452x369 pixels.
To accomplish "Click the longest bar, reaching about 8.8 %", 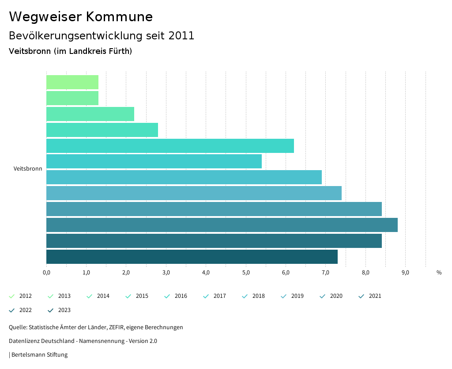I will click(222, 225).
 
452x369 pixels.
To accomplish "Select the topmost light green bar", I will click(72, 82).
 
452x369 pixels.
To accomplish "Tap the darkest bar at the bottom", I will click(192, 257).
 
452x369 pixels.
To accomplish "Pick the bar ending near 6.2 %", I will click(170, 145).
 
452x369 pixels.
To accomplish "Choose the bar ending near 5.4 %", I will click(154, 161).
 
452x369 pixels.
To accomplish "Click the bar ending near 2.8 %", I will click(102, 130).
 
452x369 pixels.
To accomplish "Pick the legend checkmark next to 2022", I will click(12, 310).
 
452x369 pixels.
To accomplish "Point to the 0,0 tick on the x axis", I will click(46, 272).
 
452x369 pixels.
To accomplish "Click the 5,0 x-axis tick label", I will click(245, 272).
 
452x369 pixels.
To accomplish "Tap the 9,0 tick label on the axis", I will click(405, 272).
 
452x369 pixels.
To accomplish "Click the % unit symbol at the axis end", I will click(439, 272).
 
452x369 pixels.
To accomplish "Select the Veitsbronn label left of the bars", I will click(28, 169).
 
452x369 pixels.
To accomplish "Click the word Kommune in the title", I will click(119, 17).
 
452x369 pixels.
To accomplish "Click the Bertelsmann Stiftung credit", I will click(39, 355).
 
